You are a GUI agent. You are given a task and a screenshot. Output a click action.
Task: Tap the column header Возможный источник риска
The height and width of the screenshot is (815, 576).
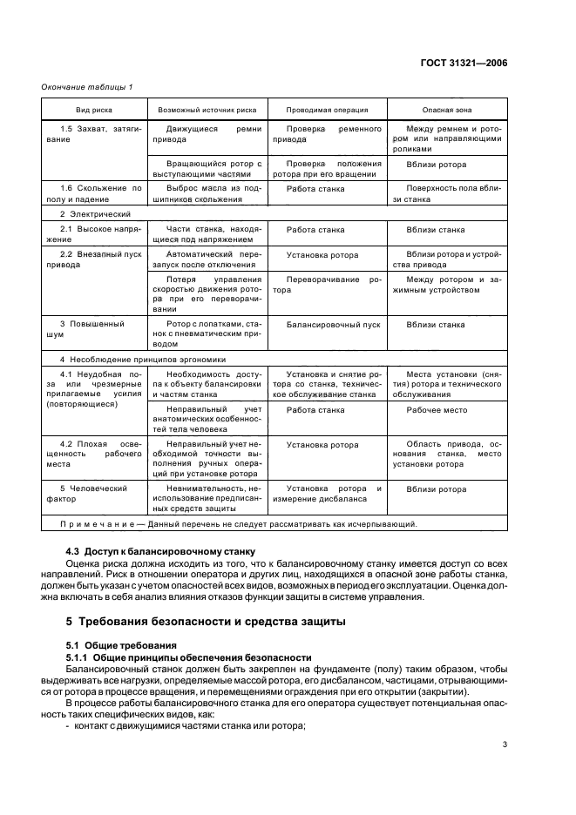point(207,111)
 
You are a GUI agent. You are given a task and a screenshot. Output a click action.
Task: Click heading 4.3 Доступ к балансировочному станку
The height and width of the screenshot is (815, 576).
point(159,552)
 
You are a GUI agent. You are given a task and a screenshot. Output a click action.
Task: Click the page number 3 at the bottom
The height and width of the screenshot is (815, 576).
point(505,744)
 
